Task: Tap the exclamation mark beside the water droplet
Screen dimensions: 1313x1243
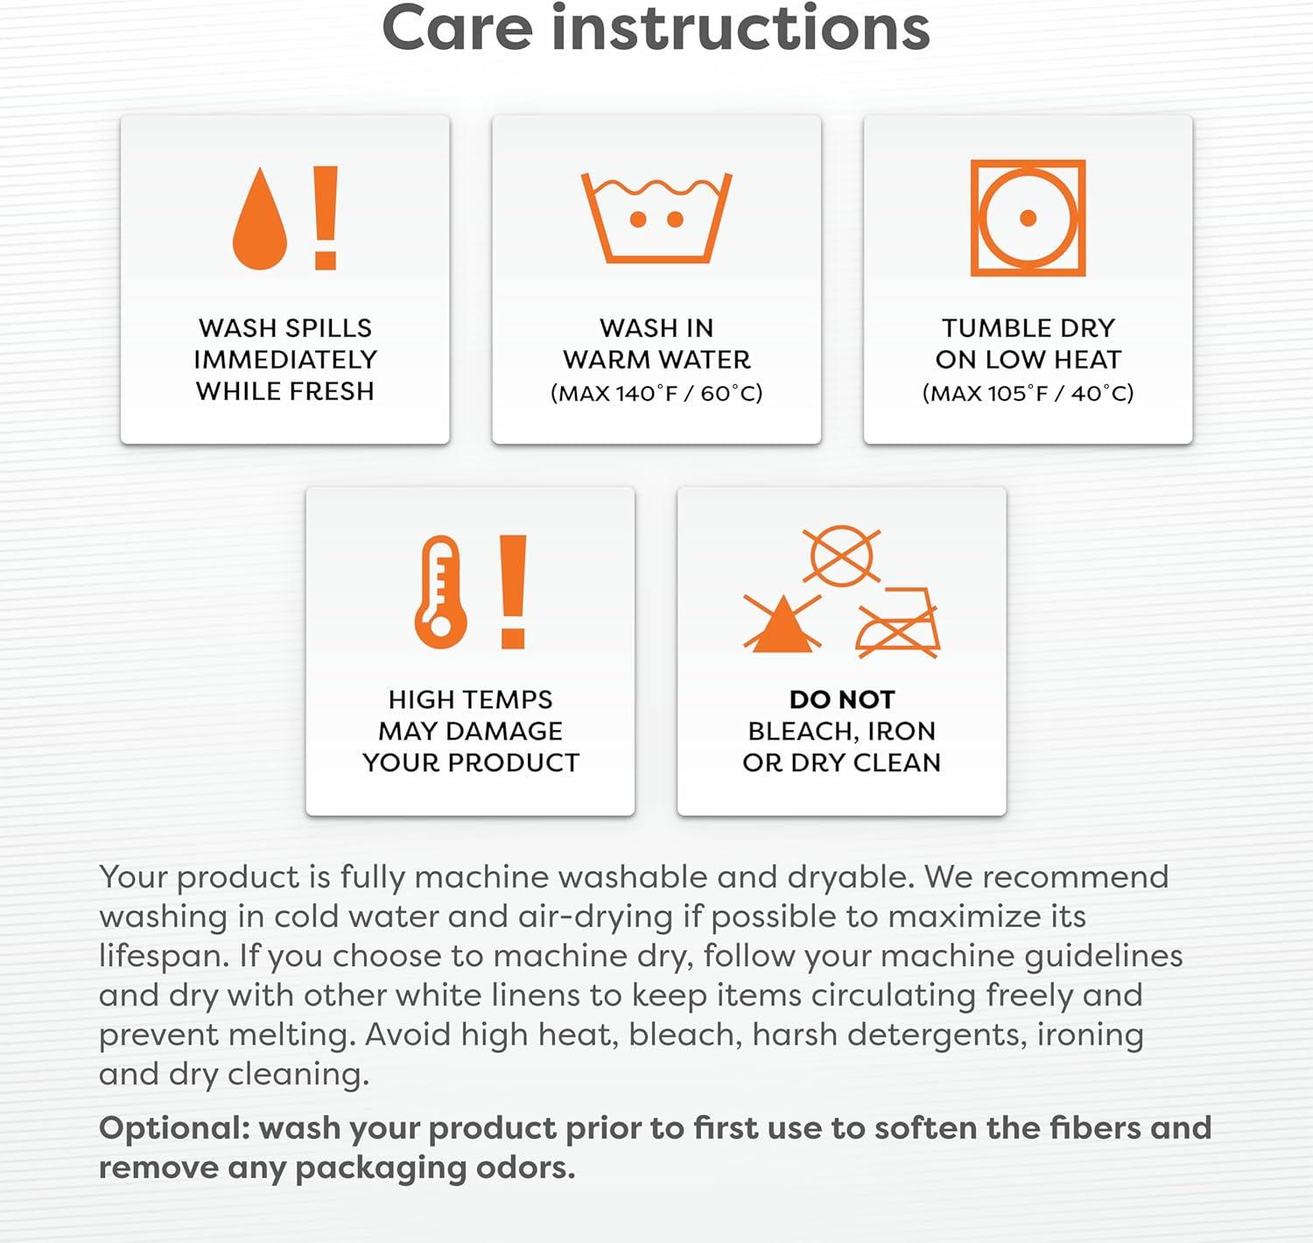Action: pos(326,218)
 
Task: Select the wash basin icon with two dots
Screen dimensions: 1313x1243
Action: pos(656,218)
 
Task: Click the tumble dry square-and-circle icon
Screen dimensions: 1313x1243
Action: pos(1028,218)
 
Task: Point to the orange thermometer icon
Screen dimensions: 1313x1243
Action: pos(441,592)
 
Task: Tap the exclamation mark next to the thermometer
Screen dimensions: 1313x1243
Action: pos(513,592)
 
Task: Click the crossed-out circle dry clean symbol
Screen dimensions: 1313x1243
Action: pos(841,556)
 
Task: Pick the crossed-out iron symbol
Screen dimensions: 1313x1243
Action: pos(898,622)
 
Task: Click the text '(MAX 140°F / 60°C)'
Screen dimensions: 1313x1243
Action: pos(656,393)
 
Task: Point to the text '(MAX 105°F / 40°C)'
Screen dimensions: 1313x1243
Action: pos(1028,393)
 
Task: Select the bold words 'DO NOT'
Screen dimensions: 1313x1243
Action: pos(841,699)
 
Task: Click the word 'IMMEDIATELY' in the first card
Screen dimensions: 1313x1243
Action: pos(285,360)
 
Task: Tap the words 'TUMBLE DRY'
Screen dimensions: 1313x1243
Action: pos(1028,328)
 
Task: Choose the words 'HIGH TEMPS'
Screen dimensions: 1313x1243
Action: pos(470,699)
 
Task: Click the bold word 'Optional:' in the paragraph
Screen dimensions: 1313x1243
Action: pos(174,1127)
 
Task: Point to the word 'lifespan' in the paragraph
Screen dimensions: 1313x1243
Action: pos(159,957)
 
